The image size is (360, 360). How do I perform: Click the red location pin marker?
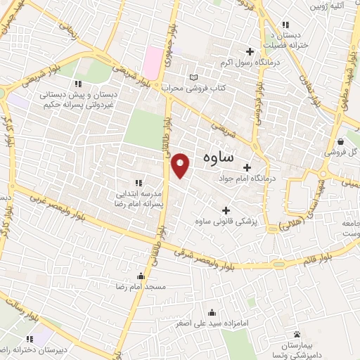(x=181, y=165)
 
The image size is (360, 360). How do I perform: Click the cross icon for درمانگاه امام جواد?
(x=247, y=167)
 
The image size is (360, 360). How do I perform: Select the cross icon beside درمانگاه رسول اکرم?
(x=250, y=51)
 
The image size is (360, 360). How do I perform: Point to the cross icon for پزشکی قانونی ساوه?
(x=226, y=210)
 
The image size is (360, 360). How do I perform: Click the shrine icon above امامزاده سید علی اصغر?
(x=212, y=314)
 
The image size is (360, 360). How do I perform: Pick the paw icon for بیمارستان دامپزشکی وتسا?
(x=297, y=334)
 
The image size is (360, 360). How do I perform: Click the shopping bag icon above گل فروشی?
(x=340, y=140)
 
